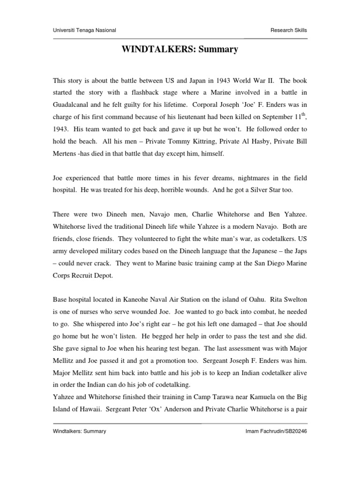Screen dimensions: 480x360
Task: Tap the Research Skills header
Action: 289,30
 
